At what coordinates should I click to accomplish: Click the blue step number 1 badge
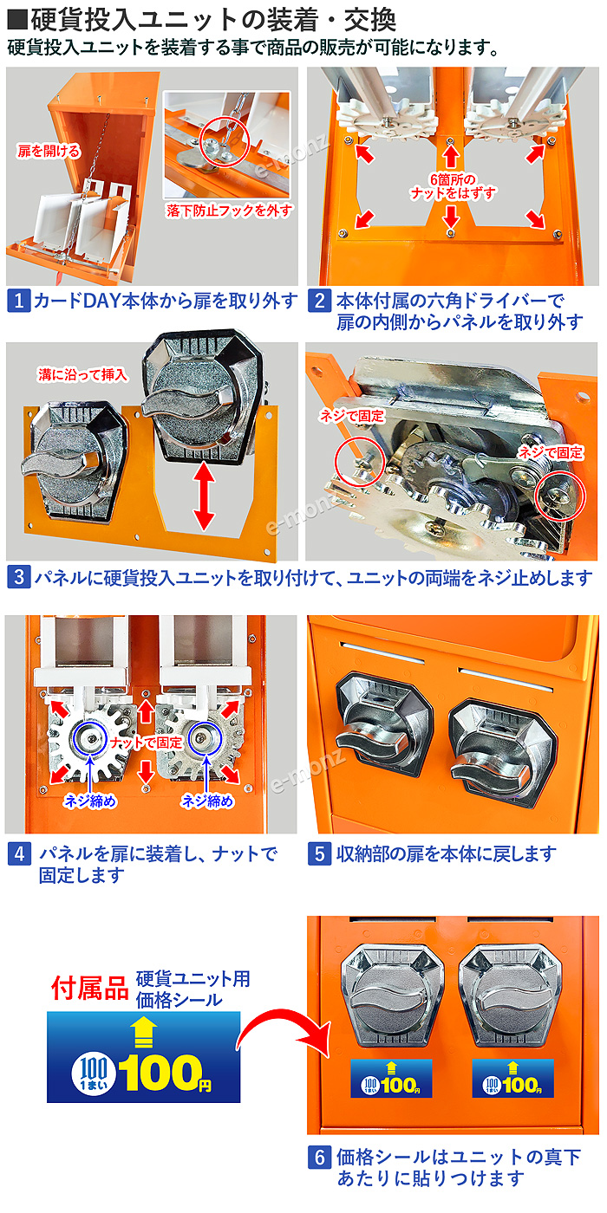17,302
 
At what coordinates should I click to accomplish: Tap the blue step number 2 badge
319,302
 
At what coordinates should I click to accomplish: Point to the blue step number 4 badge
17,853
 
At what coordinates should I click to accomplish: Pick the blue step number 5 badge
319,853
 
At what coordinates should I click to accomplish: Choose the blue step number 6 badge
319,1157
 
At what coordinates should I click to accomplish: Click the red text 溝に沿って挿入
83,374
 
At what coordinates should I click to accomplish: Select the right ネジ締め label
207,801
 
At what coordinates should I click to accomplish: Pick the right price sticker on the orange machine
512,1077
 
